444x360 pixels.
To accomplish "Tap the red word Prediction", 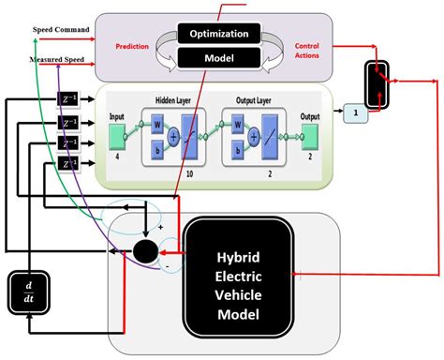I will pyautogui.click(x=133, y=45).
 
